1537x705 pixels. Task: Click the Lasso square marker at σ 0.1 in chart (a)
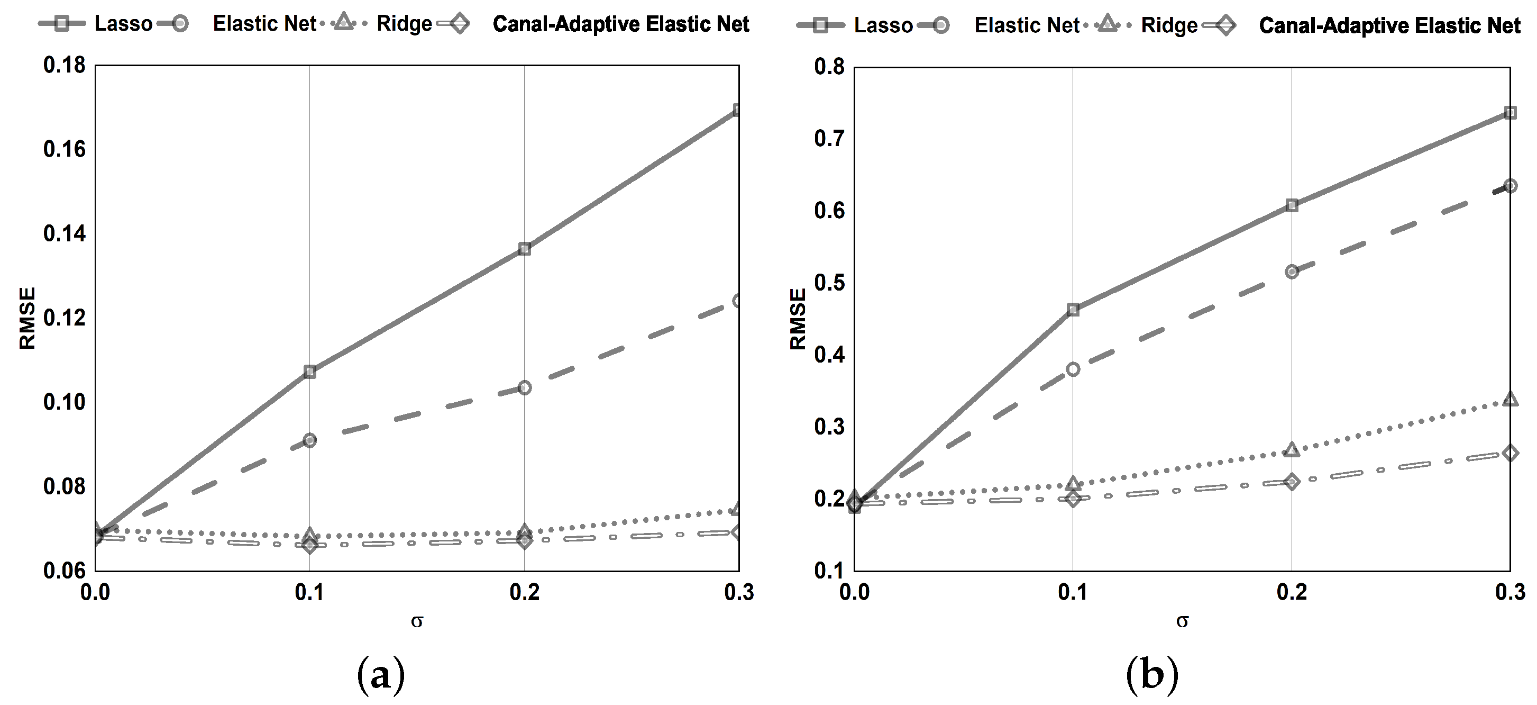pyautogui.click(x=309, y=372)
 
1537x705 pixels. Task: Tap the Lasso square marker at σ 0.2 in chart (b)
pyautogui.click(x=1292, y=205)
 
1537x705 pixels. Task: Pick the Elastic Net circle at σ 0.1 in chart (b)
pyautogui.click(x=1073, y=369)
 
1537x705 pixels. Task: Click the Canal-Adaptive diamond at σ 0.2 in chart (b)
pyautogui.click(x=1292, y=482)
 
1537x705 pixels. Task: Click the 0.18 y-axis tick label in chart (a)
pyautogui.click(x=64, y=65)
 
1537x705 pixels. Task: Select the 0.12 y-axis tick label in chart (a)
pyautogui.click(x=64, y=318)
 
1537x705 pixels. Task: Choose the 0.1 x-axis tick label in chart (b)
pyautogui.click(x=1073, y=592)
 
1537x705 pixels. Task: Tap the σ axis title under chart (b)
pyautogui.click(x=1182, y=621)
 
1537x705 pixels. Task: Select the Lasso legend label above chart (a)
pyautogui.click(x=124, y=24)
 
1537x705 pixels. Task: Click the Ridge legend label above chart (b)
pyautogui.click(x=1169, y=25)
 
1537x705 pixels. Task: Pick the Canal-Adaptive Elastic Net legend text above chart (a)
pyautogui.click(x=620, y=24)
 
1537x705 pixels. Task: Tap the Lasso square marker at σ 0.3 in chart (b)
pyautogui.click(x=1510, y=113)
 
